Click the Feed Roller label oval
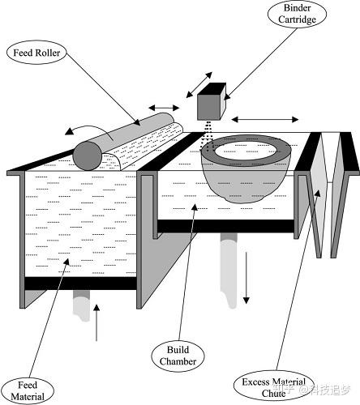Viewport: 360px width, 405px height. [36, 53]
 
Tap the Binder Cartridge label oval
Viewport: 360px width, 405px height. [297, 14]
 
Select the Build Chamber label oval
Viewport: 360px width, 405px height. [178, 356]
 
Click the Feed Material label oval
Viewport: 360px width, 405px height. [28, 390]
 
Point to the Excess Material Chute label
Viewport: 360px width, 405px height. [273, 388]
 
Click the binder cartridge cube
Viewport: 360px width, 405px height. [212, 101]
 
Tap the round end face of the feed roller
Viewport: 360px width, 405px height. [88, 156]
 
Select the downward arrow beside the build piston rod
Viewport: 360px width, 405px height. [246, 278]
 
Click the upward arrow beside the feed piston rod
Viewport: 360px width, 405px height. [96, 322]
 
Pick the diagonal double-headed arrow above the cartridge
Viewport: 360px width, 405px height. [199, 85]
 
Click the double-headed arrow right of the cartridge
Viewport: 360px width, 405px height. [265, 119]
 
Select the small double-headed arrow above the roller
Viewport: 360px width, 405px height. [164, 108]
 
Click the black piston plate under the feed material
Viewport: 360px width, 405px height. [80, 283]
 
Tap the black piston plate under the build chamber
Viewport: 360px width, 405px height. [225, 226]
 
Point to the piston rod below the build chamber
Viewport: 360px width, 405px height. [229, 271]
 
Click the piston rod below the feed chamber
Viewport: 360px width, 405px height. [81, 306]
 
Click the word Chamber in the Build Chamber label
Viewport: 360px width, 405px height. [178, 361]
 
